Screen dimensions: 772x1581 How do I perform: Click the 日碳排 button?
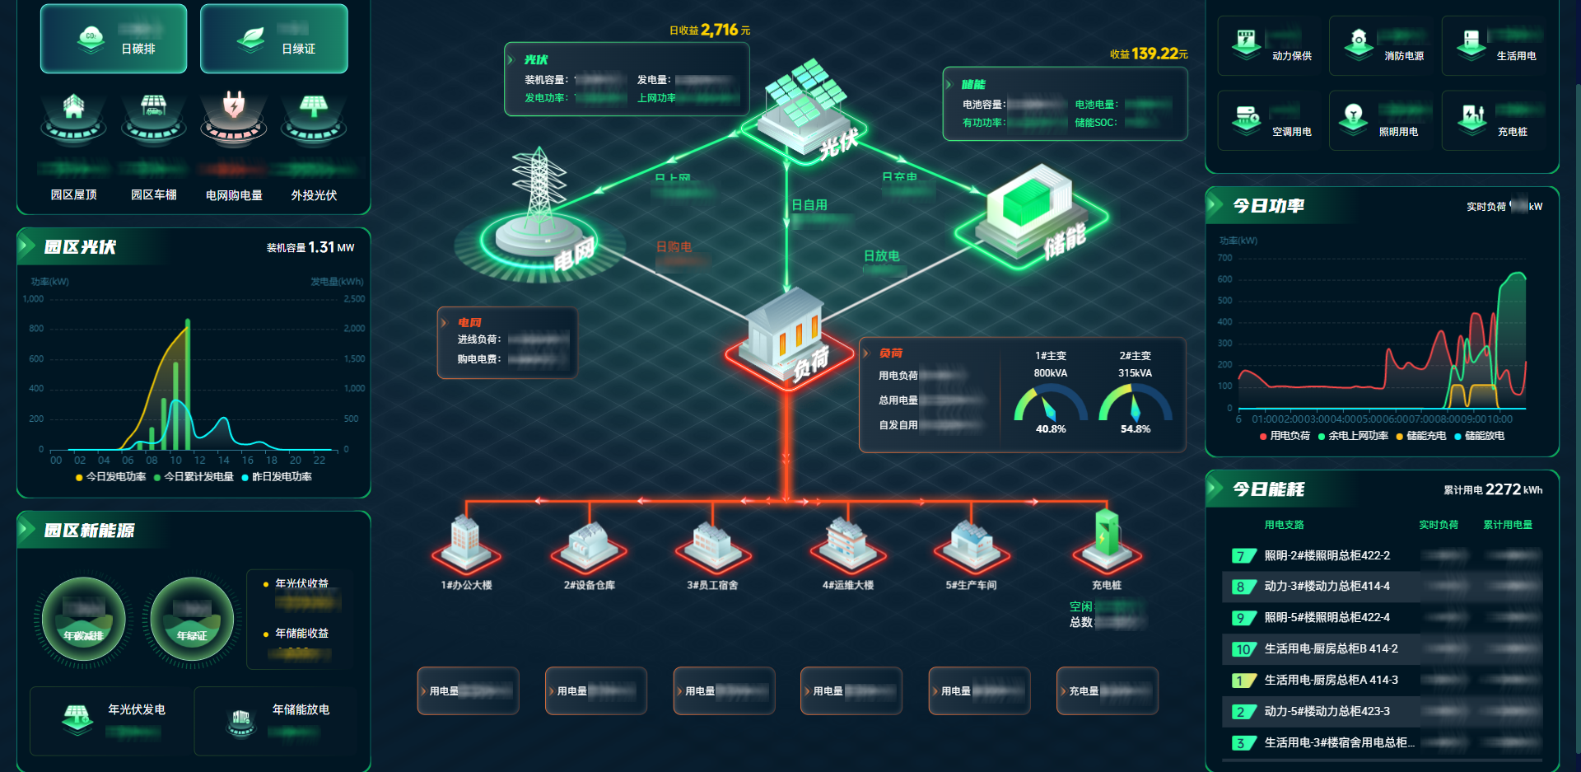(114, 39)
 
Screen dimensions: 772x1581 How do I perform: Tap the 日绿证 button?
(273, 39)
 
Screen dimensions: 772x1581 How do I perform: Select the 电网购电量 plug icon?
(234, 105)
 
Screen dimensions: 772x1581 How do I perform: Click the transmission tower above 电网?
(539, 189)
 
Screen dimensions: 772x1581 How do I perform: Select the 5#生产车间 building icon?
(971, 544)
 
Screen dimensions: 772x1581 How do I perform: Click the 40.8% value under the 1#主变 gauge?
(1051, 429)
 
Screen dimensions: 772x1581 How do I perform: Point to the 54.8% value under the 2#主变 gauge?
(1135, 429)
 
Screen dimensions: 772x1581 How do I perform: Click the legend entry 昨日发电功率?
(281, 477)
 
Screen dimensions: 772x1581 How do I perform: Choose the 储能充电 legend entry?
(1425, 436)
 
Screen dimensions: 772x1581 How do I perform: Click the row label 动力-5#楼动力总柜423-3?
(1327, 711)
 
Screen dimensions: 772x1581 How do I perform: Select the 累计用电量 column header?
(1507, 525)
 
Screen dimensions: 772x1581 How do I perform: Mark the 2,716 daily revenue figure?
(719, 30)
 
